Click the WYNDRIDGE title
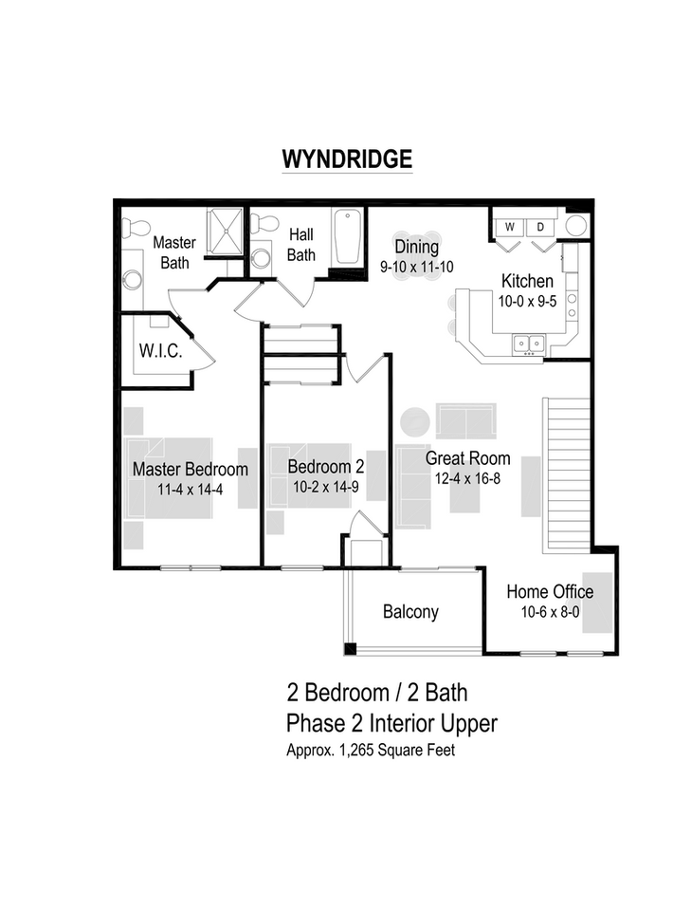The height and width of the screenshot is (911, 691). coord(346,158)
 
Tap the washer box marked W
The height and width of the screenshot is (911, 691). coord(509,227)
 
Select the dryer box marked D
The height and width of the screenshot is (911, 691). coord(541,227)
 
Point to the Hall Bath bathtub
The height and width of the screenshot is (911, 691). coord(347,237)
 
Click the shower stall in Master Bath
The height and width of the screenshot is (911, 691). coord(226,231)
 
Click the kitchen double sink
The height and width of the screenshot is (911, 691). coord(528,343)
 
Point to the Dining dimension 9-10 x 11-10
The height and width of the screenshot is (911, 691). coord(416,267)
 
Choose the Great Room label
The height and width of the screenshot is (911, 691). coord(467,458)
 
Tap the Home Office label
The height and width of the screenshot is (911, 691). coord(549,592)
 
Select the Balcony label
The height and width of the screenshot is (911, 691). coord(410,612)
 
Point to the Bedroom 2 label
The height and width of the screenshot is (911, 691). coord(325,467)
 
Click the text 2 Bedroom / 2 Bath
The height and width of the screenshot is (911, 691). coord(376,692)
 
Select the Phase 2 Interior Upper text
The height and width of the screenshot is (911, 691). coord(391,723)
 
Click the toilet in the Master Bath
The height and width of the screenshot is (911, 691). coord(135,228)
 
